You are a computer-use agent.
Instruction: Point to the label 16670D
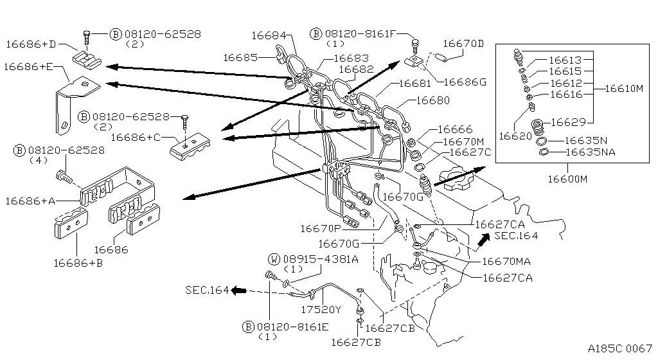point(463,44)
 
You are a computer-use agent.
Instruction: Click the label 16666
point(454,130)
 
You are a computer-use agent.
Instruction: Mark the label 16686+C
point(136,137)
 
